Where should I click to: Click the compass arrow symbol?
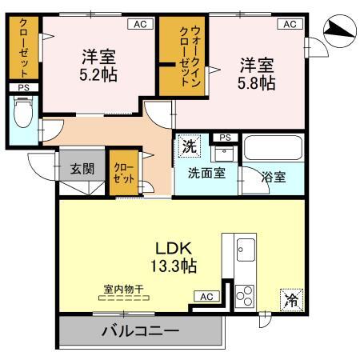point(340,31)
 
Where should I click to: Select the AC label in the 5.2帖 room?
point(139,25)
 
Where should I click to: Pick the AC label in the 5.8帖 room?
point(289,25)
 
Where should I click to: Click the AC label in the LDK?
point(206,296)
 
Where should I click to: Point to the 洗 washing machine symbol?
point(189,146)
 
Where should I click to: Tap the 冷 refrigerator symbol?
point(290,302)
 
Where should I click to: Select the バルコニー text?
point(139,331)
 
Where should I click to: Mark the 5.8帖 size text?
point(255,82)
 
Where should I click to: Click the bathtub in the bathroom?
point(273,150)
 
